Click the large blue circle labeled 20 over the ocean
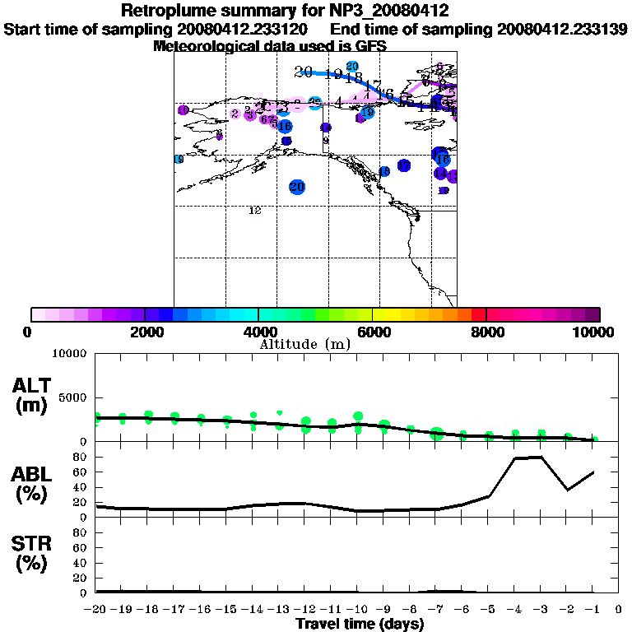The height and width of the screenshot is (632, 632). tap(297, 187)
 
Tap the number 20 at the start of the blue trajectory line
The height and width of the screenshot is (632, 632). tap(303, 72)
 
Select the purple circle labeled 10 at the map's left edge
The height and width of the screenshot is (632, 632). tap(183, 110)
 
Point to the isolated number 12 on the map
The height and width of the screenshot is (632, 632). tap(254, 211)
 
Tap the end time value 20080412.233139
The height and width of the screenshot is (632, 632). tap(562, 29)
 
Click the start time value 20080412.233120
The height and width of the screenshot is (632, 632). tap(242, 29)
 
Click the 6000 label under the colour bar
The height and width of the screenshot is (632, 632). tap(374, 332)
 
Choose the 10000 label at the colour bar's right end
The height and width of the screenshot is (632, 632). tap(594, 332)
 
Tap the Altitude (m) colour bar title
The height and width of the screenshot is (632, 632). tap(305, 344)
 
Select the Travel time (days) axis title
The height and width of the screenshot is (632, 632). tap(360, 625)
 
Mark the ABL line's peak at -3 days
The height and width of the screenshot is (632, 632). tap(540, 457)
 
